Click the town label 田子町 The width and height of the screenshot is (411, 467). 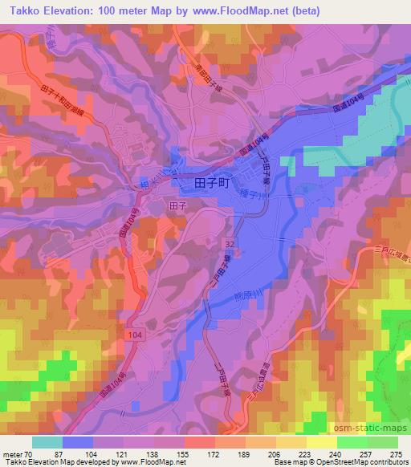coord(213,184)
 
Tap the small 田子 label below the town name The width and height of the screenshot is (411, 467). coord(178,206)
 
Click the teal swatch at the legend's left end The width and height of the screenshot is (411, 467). coord(47,442)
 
